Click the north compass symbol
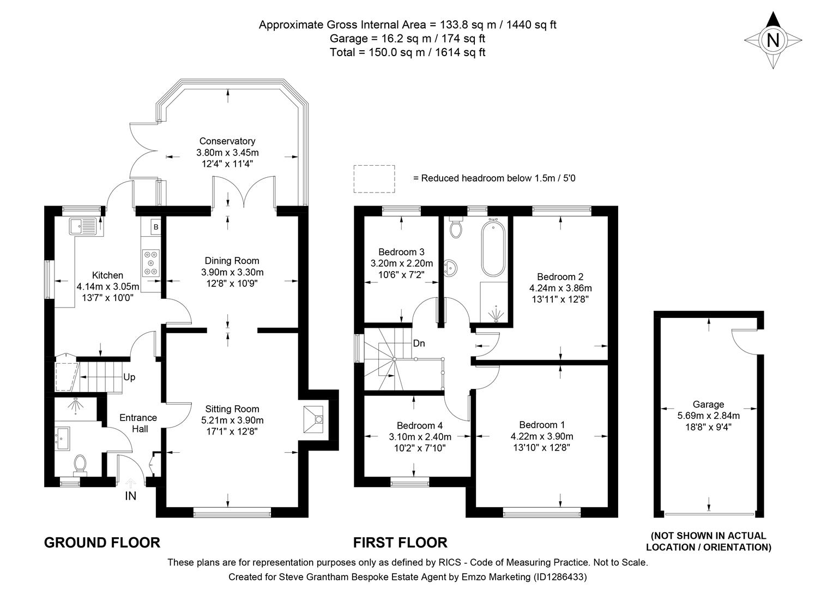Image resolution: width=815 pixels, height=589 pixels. (772, 40)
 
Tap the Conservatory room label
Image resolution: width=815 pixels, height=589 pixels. (227, 141)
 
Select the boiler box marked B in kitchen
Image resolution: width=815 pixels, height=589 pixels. (155, 226)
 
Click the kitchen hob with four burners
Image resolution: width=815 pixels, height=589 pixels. (151, 262)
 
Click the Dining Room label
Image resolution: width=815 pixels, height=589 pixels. (232, 261)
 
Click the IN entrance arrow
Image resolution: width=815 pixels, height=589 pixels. (131, 483)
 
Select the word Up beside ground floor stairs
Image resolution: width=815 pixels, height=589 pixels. (129, 377)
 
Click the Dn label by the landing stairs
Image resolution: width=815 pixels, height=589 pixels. (419, 344)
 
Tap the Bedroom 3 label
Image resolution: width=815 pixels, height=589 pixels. (401, 252)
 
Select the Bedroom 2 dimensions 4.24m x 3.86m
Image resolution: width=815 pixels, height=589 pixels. (560, 288)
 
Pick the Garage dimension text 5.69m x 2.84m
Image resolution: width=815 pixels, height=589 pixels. (708, 416)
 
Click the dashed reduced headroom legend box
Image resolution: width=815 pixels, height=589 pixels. (374, 178)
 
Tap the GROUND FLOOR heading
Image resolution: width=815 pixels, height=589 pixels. (102, 543)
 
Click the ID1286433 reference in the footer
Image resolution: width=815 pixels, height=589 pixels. (559, 576)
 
